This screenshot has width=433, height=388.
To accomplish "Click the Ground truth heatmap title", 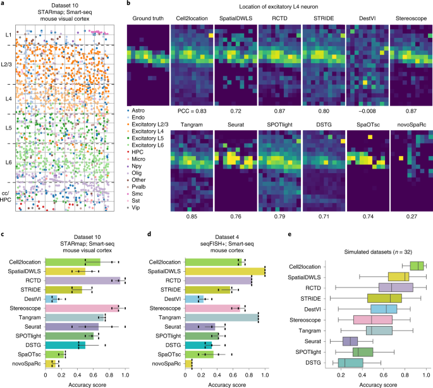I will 147,18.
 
